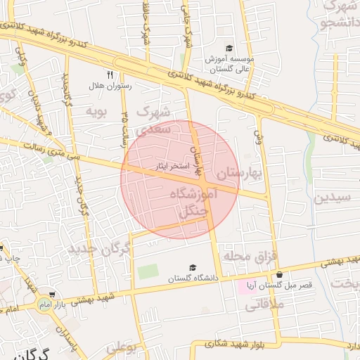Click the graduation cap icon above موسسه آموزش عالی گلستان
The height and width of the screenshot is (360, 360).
click(229, 49)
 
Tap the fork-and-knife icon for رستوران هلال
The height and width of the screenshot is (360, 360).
click(110, 74)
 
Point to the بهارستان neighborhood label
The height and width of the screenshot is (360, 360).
click(239, 172)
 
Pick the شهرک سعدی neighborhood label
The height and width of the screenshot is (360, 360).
click(153, 120)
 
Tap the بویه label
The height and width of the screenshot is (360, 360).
click(96, 110)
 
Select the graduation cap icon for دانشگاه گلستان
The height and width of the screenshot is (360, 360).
click(193, 267)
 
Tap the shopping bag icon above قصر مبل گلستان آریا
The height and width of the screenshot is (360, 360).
click(280, 275)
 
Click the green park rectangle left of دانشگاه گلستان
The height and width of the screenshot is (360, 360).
click(148, 271)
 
